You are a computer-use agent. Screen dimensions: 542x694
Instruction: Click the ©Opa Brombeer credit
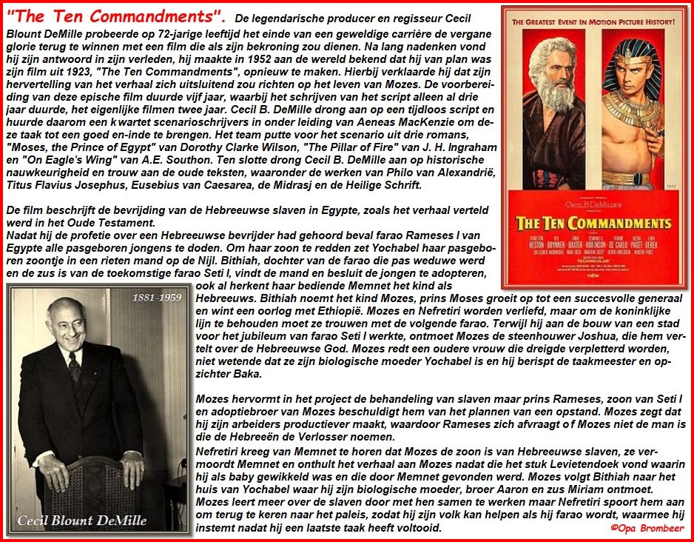pyautogui.click(x=647, y=528)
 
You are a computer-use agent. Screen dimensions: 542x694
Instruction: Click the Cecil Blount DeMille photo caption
pyautogui.click(x=83, y=520)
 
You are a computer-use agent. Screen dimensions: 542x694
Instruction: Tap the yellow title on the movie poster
pyautogui.click(x=594, y=224)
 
